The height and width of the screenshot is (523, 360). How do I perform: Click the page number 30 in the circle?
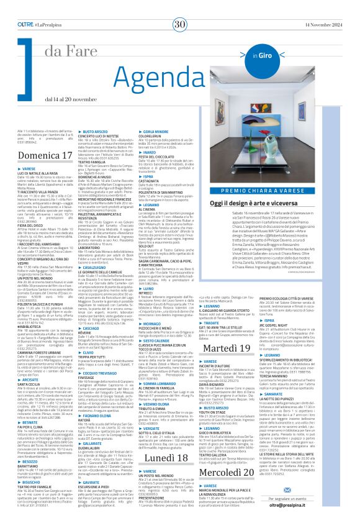[180, 7]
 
